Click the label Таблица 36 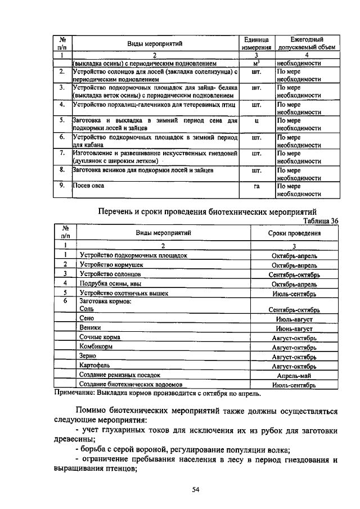[319, 222]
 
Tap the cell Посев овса [89, 185]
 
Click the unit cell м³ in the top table [256, 64]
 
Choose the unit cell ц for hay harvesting [256, 121]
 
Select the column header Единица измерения [256, 44]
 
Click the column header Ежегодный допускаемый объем [307, 44]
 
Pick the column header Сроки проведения [294, 233]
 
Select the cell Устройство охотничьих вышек [124, 293]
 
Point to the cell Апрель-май [294, 376]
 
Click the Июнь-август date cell [294, 328]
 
